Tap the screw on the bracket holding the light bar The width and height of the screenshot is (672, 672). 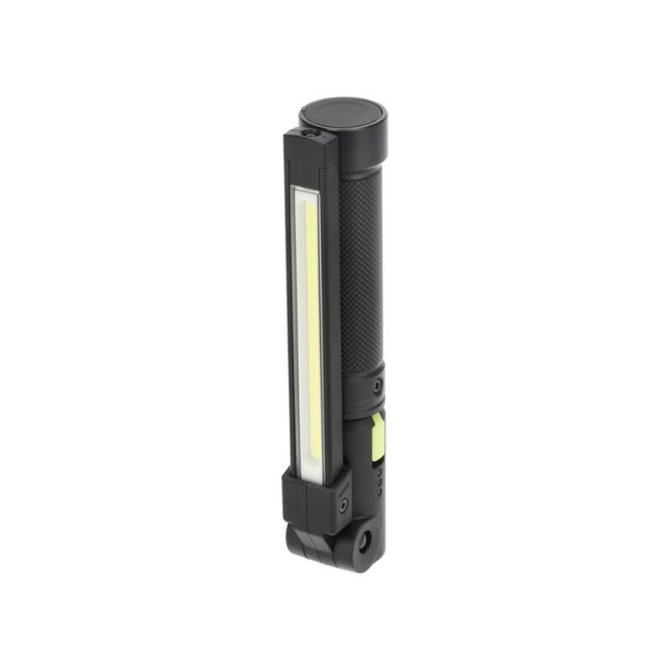click(344, 505)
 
